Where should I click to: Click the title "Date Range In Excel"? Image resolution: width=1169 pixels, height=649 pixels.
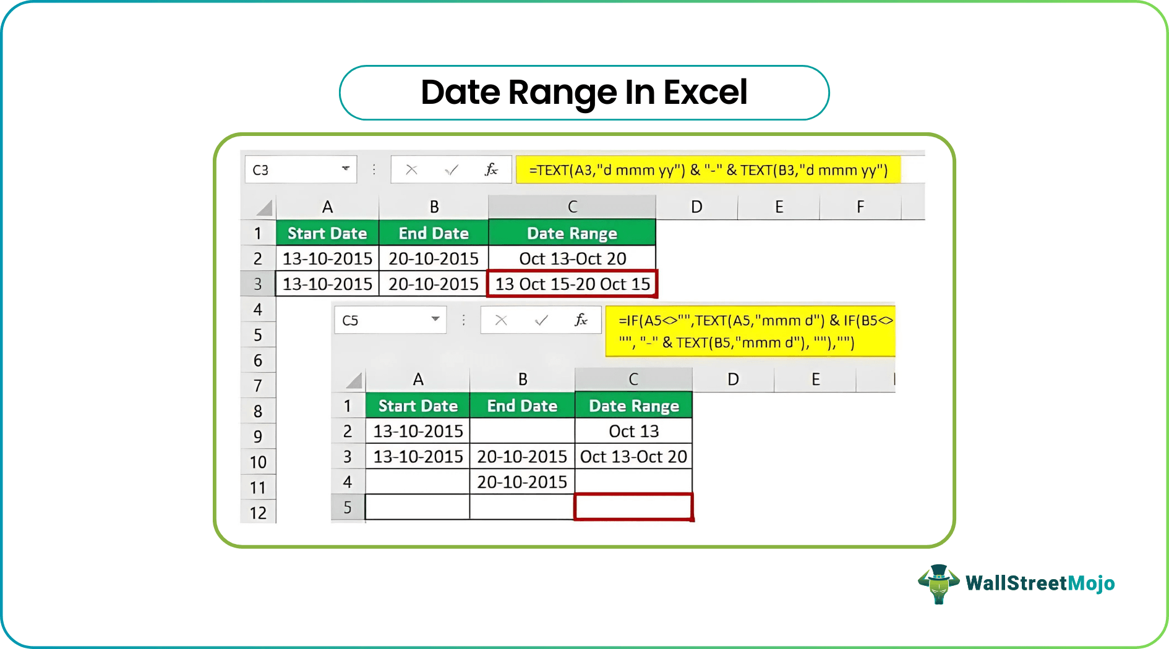coord(584,93)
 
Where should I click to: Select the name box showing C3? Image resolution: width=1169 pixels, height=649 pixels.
coord(291,170)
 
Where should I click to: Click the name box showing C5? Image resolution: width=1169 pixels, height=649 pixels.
coord(380,320)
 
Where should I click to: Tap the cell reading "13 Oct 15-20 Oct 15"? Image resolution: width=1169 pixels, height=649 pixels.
coord(572,284)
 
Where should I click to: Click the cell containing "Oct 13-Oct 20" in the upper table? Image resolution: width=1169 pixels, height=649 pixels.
coord(572,258)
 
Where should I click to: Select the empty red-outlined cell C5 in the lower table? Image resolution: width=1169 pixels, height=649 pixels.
coord(633,507)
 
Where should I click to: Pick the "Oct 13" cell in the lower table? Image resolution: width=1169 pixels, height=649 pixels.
coord(633,431)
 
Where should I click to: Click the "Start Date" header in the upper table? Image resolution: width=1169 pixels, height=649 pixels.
coord(327,233)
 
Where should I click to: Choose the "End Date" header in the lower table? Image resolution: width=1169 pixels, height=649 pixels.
coord(522,405)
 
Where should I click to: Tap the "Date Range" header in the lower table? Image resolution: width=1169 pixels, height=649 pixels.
coord(633,405)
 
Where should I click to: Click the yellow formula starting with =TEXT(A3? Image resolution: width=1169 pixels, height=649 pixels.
coord(708,170)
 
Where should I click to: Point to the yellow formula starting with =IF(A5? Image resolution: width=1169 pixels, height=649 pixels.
coord(750,331)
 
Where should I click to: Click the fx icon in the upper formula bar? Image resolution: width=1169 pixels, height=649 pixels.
coord(491,169)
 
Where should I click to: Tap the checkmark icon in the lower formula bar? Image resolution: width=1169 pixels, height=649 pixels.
coord(541,320)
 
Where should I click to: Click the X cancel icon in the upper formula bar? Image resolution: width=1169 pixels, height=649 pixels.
coord(411,169)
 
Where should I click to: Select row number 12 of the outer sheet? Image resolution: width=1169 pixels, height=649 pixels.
coord(258,513)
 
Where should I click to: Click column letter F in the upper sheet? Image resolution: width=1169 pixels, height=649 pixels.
coord(860,207)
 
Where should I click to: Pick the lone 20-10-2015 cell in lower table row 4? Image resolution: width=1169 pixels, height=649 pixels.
coord(522,481)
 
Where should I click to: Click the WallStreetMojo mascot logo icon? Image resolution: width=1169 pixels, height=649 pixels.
coord(938,583)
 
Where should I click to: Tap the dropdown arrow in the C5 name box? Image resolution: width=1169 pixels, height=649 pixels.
coord(435,319)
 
